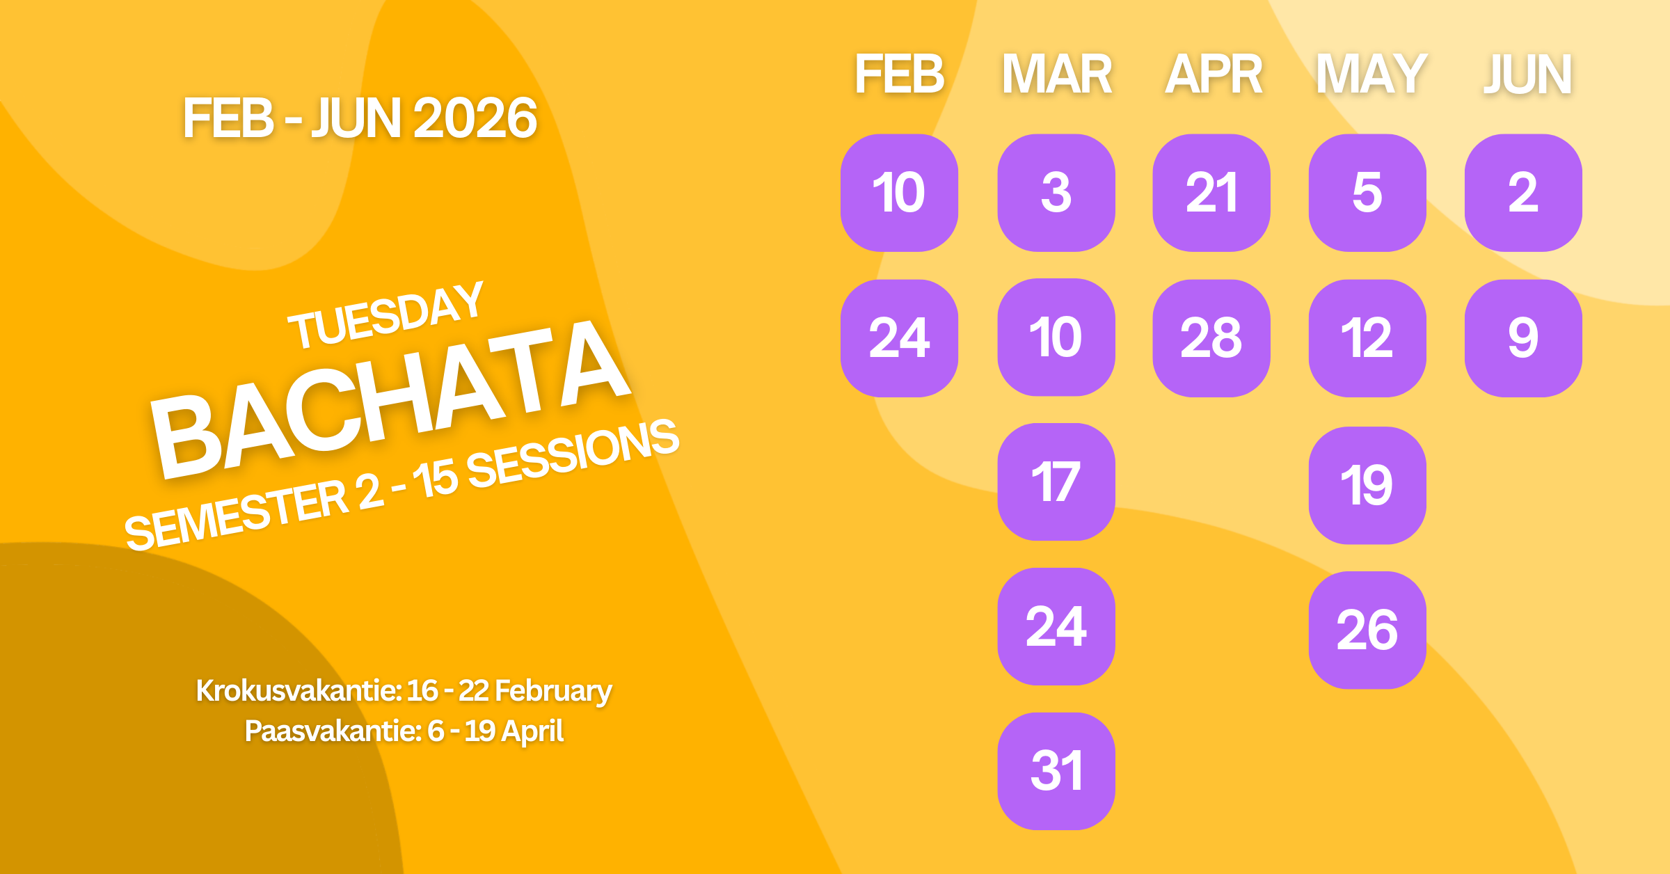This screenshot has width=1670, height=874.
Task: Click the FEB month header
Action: [899, 74]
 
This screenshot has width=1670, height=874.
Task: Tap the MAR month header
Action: [1056, 74]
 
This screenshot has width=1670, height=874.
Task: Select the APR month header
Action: [1214, 74]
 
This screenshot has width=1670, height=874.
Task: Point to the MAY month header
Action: [1371, 74]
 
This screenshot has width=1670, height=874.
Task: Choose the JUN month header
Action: [1527, 74]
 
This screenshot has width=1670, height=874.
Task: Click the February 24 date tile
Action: [899, 338]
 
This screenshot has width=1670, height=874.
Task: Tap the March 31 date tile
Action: [1056, 771]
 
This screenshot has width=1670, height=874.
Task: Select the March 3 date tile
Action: [1056, 193]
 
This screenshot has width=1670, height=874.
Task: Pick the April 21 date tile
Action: [1211, 193]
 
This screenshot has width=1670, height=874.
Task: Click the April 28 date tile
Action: [1211, 338]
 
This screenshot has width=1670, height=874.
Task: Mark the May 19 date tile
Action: [1367, 485]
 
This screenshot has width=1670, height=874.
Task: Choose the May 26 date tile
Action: [1367, 630]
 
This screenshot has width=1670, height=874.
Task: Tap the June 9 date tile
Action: [1523, 338]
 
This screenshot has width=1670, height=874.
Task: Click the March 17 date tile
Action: [1056, 482]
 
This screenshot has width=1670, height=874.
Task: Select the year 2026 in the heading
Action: [475, 118]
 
